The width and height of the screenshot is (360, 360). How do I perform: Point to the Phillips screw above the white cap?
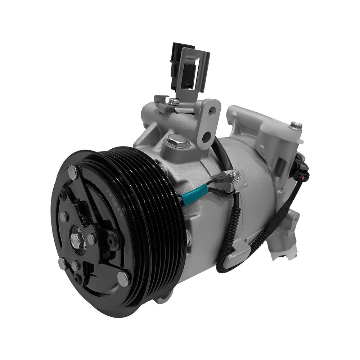pos(296,126)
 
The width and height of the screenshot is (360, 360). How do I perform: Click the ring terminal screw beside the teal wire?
pos(237,176)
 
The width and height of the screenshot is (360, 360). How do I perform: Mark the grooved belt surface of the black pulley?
pos(158,216)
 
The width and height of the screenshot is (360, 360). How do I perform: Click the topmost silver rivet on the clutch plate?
pos(73,173)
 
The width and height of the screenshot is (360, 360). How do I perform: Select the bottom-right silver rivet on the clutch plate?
pos(123,278)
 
